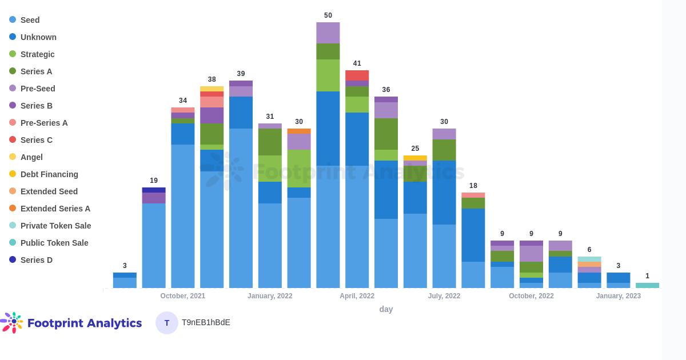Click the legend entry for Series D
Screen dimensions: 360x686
click(x=36, y=260)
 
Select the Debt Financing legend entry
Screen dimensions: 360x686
click(x=49, y=174)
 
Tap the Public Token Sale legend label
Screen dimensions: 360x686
click(x=54, y=243)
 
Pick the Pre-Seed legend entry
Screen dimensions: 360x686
click(x=38, y=89)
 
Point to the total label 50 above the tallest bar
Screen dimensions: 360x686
click(x=328, y=15)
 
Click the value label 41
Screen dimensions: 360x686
click(x=357, y=63)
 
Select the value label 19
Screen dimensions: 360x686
click(x=154, y=181)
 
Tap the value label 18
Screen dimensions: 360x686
click(x=473, y=186)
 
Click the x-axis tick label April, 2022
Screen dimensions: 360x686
click(x=357, y=296)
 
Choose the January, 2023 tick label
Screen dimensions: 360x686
click(x=619, y=296)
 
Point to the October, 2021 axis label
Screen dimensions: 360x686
click(x=183, y=296)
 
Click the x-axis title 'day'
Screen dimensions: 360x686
click(x=386, y=309)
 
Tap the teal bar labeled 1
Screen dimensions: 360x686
click(x=647, y=285)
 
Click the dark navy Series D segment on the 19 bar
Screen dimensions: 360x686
click(x=154, y=190)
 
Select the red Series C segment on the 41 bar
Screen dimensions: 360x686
click(x=357, y=75)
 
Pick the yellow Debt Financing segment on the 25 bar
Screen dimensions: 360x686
click(x=415, y=158)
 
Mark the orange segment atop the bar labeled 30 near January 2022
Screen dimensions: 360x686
click(x=299, y=131)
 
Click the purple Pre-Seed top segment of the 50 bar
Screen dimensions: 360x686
click(x=328, y=33)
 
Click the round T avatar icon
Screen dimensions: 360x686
click(x=167, y=323)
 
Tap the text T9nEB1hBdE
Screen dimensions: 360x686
click(x=206, y=322)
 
